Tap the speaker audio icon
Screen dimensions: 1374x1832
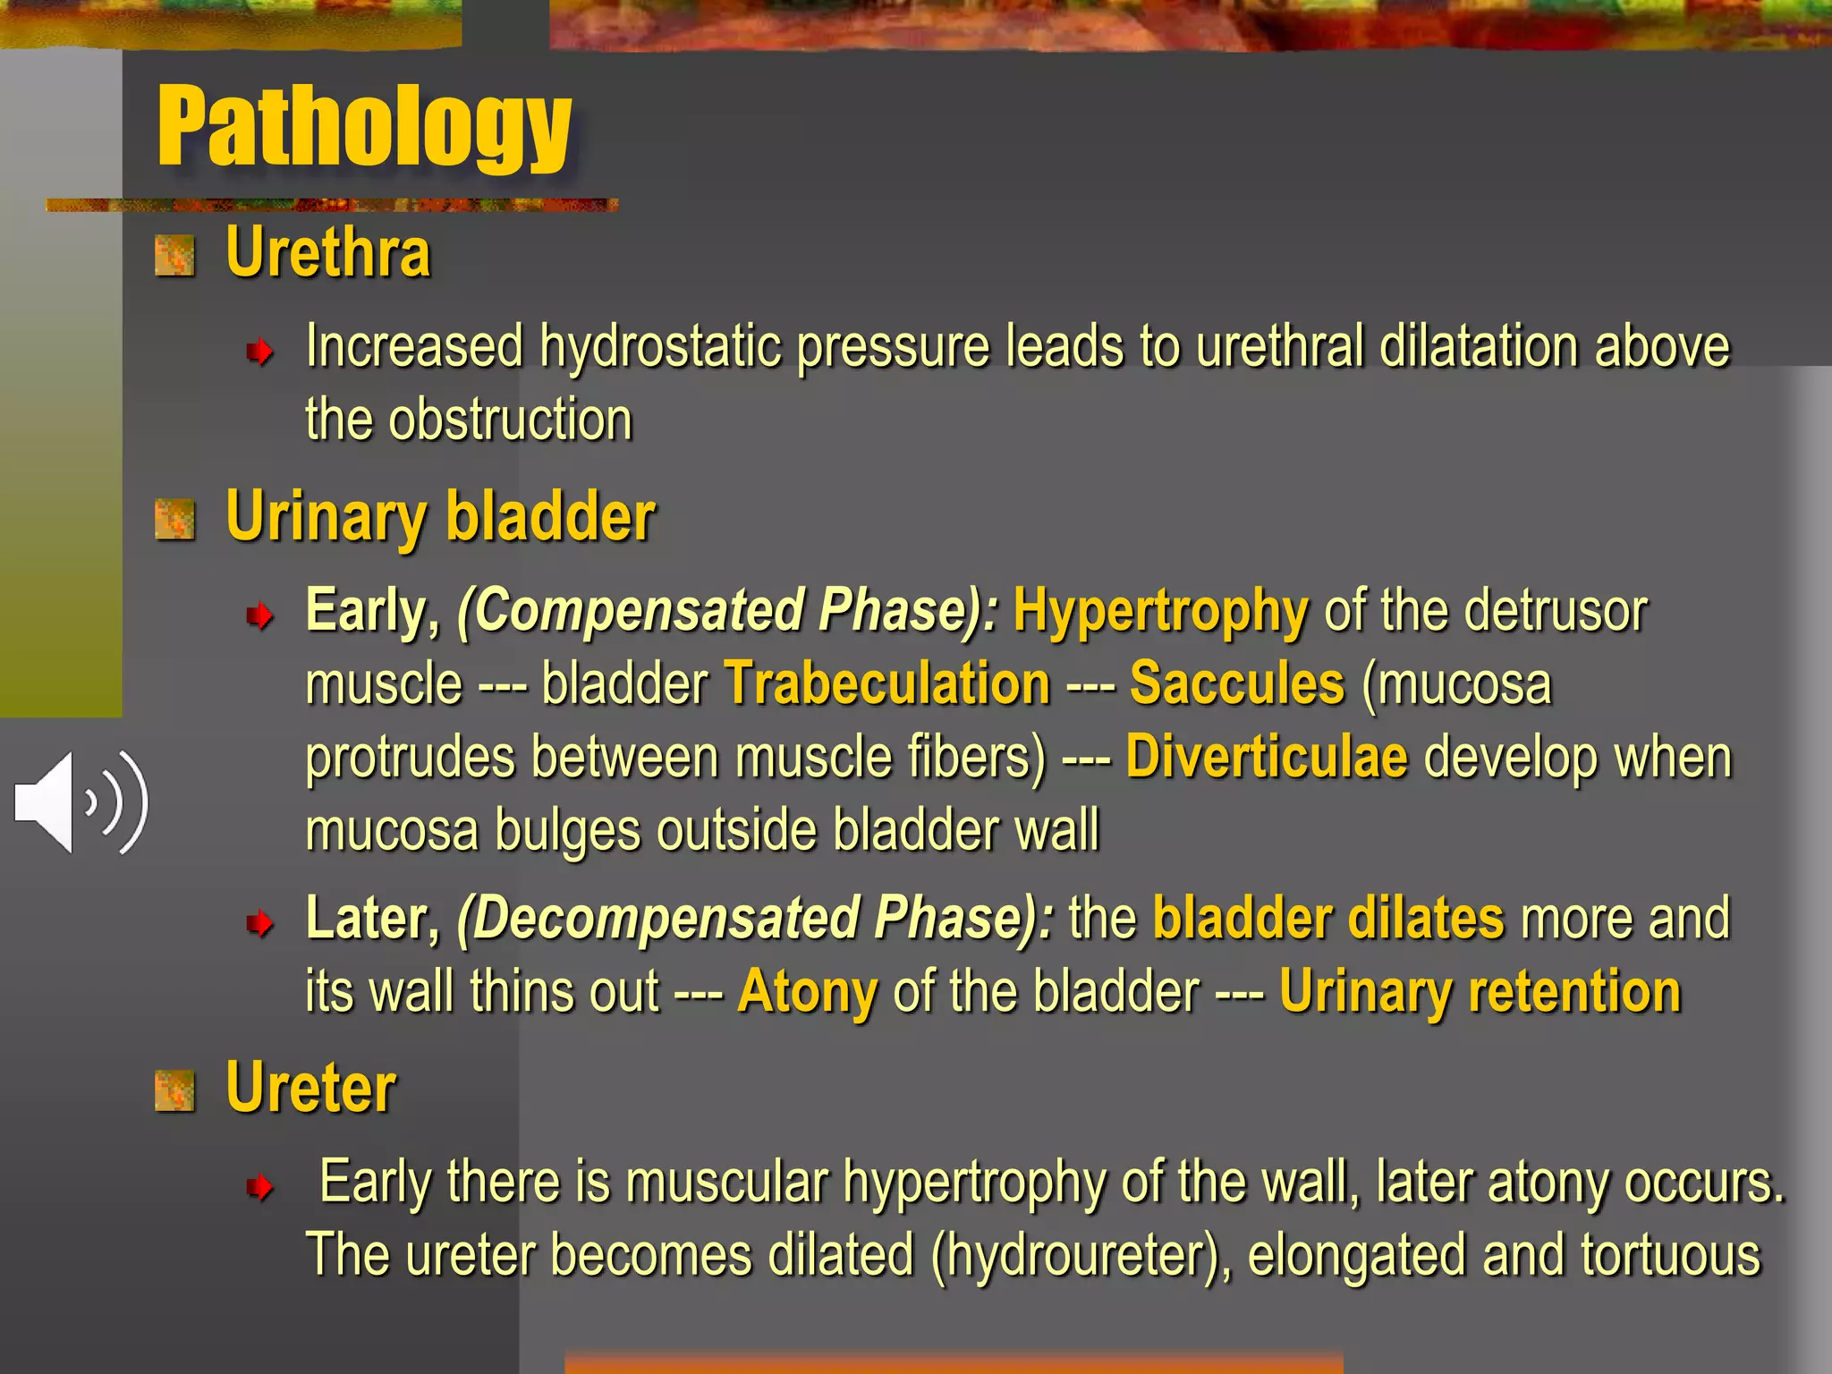click(81, 802)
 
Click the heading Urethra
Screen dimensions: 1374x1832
click(328, 253)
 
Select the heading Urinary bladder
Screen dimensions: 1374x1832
click(440, 517)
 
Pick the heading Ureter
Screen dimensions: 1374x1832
click(310, 1089)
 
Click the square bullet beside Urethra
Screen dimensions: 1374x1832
click(174, 257)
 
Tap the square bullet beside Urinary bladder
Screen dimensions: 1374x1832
click(174, 521)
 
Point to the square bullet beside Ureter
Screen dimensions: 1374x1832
click(174, 1091)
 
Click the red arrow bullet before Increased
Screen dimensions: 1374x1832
click(259, 352)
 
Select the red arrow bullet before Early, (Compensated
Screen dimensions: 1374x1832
click(259, 615)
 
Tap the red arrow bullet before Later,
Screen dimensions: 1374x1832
click(259, 922)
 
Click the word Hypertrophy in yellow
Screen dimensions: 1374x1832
click(1160, 612)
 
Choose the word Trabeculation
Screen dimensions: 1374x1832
click(886, 684)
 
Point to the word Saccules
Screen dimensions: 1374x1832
click(1237, 684)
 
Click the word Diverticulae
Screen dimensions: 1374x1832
click(1267, 758)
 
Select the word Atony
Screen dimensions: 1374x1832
click(807, 993)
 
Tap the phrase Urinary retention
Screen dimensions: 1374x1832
click(1480, 993)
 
